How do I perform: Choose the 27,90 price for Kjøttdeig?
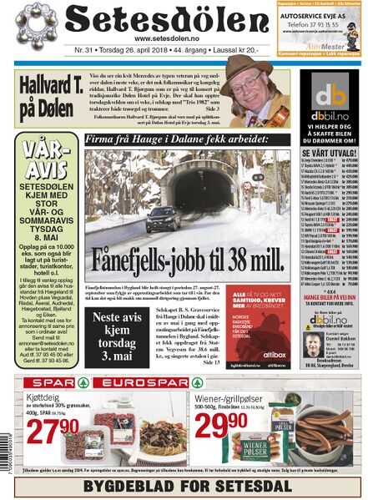[50, 432]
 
